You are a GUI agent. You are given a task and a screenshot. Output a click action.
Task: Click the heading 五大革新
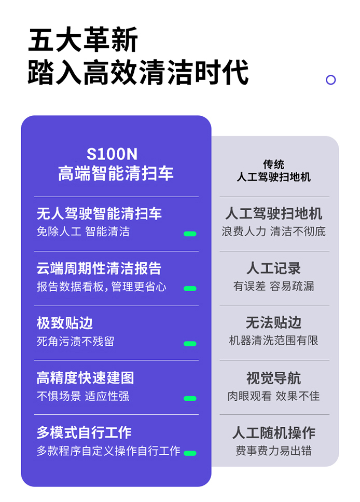[x=83, y=39]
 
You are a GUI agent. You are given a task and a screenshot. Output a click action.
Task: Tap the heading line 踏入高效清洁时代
[x=138, y=72]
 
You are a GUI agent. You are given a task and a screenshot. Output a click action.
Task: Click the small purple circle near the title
[x=330, y=80]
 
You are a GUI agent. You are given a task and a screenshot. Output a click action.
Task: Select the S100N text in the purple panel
[x=112, y=154]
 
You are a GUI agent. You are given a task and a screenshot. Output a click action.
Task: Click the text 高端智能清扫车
[x=116, y=173]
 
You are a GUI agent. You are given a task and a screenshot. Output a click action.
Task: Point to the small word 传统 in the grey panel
[x=273, y=164]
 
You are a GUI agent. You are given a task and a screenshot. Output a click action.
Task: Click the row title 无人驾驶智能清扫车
[x=99, y=213]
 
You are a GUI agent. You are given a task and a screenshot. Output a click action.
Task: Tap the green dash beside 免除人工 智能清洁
[x=190, y=234]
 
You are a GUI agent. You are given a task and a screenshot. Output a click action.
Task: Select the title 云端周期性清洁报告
[x=99, y=268]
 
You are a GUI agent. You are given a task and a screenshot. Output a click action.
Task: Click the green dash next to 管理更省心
[x=190, y=289]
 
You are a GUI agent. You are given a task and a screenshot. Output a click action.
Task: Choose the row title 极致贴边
[x=65, y=323]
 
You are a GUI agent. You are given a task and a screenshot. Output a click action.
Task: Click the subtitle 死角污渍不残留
[x=76, y=341]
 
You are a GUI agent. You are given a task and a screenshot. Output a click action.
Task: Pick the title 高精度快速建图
[x=85, y=378]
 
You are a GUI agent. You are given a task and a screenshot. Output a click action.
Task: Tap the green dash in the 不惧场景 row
[x=190, y=398]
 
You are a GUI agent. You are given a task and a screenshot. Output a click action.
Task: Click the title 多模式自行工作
[x=84, y=432]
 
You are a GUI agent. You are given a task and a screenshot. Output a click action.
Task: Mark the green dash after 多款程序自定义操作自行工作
[x=190, y=453]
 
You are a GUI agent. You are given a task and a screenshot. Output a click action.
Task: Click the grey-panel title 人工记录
[x=273, y=268]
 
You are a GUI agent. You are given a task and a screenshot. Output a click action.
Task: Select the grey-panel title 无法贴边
[x=273, y=323]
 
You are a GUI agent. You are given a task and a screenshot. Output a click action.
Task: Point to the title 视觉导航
[x=273, y=378]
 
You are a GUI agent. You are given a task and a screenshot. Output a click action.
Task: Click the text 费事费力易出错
[x=273, y=451]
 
